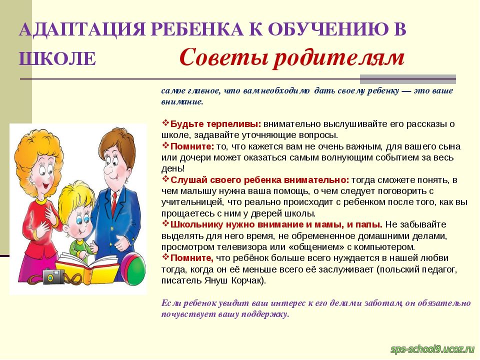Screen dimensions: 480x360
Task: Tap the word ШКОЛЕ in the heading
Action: [x=57, y=58]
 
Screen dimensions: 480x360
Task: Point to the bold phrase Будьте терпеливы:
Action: [x=215, y=124]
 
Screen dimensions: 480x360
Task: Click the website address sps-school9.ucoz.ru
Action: [x=432, y=349]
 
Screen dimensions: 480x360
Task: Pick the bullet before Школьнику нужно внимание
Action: [x=165, y=223]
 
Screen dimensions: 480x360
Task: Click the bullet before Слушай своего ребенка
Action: [x=165, y=179]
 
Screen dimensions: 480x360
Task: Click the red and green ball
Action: [x=133, y=269]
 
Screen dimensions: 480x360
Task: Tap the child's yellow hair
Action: [x=76, y=196]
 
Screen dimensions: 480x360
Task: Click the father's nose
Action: [x=108, y=169]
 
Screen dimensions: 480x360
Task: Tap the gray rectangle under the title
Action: [x=408, y=79]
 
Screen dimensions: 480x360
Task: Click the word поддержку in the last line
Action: [x=265, y=314]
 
